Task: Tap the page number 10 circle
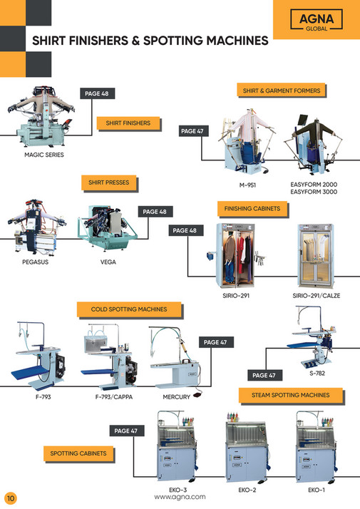tap(10, 497)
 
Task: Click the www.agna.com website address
tap(180, 497)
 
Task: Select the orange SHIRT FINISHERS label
tap(128, 123)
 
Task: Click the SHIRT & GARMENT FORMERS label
tap(281, 91)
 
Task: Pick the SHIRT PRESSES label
tap(108, 182)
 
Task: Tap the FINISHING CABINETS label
tap(247, 209)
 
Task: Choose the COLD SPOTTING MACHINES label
tap(129, 309)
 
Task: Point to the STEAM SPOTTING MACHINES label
tap(290, 394)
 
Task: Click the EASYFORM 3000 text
tap(314, 192)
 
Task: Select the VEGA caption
tap(108, 262)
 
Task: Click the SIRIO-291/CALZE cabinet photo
tap(316, 254)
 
